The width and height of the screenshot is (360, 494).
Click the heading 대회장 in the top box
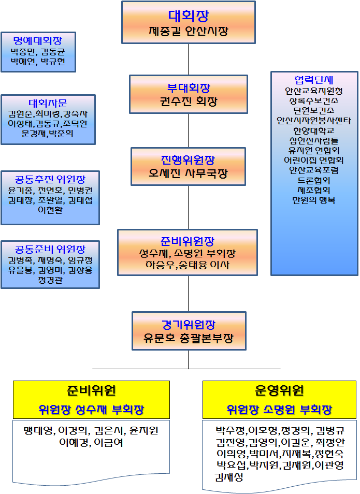coord(188,15)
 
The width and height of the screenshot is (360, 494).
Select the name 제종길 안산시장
coord(188,32)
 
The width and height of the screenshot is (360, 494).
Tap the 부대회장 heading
coord(188,88)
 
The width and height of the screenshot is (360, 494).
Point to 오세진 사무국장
coord(188,173)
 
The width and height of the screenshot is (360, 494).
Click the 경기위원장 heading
coord(188,324)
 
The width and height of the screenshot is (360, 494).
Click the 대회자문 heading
coord(48,103)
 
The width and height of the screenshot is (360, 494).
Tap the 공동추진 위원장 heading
coord(50,180)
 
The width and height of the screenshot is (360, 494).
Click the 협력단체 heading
coord(314,80)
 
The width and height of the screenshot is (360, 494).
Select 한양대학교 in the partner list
coord(314,130)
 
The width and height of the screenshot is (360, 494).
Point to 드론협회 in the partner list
coord(314,180)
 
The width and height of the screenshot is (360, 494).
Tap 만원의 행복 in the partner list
coord(314,200)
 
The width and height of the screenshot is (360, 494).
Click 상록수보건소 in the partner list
coord(314,100)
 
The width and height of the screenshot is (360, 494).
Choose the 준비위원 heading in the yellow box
coord(91,391)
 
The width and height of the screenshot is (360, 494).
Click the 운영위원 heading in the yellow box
coord(280,391)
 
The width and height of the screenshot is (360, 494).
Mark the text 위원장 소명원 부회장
coord(280,410)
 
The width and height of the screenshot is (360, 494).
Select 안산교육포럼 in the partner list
coord(314,170)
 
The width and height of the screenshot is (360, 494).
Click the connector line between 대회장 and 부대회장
coord(188,59)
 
